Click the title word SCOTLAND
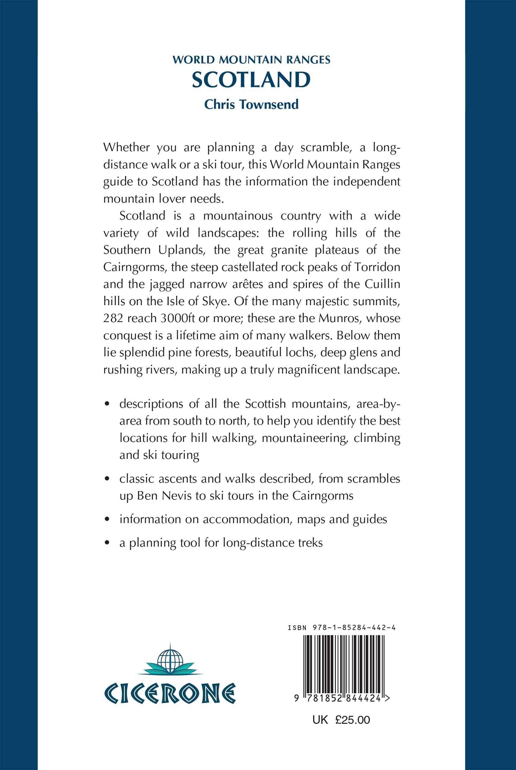pos(251,80)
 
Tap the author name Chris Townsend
pos(251,104)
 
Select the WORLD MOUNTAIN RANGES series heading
pos(251,60)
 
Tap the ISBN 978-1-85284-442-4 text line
pos(342,628)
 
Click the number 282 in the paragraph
pos(113,318)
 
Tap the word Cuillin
pos(382,284)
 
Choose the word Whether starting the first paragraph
pos(126,147)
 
